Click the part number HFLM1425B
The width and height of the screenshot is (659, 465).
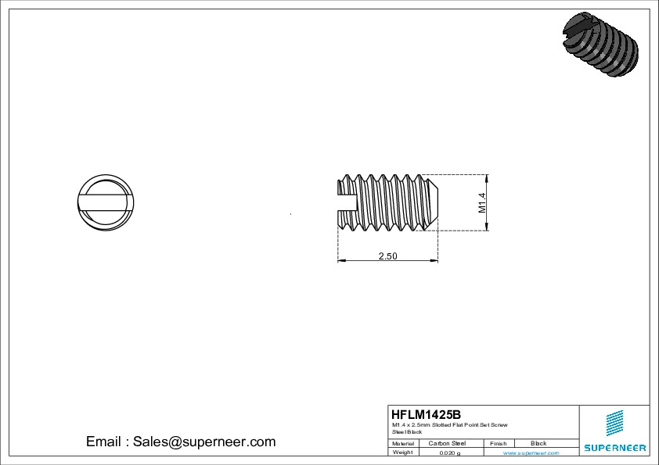(x=426, y=414)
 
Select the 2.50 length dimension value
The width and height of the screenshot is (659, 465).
(x=387, y=256)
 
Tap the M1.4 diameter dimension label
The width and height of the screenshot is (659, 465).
(x=482, y=202)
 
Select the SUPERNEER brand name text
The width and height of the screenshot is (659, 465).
(x=614, y=448)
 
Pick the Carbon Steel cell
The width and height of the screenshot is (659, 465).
(x=447, y=443)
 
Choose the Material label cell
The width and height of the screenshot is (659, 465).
(x=403, y=443)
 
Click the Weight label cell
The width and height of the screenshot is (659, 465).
(x=402, y=452)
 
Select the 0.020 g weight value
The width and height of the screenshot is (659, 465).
(x=449, y=452)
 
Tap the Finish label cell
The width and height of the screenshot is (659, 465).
(x=498, y=443)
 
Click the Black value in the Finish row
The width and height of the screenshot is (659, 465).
(x=538, y=443)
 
